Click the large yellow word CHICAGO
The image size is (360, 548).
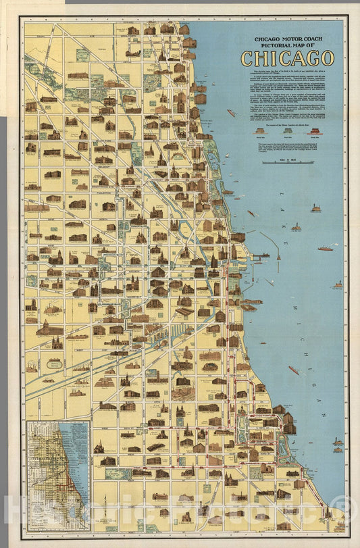click(x=287, y=58)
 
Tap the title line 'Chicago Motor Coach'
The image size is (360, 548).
click(x=287, y=40)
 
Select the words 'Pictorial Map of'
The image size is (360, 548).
click(x=287, y=47)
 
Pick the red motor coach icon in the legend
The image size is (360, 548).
click(x=313, y=132)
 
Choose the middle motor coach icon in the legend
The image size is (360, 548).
click(x=287, y=132)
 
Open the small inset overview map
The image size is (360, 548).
click(x=58, y=476)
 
